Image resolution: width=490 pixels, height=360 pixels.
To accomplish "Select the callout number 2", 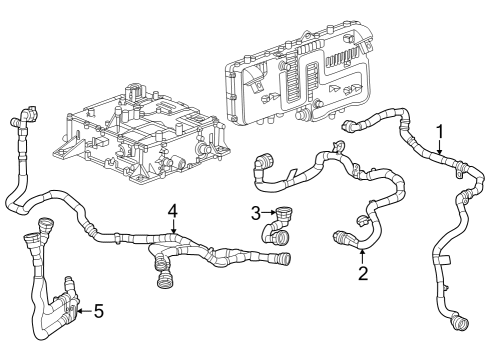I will coord(363,272).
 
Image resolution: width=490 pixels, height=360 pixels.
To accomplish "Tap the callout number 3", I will coord(255,212).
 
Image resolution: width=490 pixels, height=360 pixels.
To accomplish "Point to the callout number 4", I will coord(173,210).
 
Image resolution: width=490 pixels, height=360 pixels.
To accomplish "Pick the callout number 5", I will coord(98,310).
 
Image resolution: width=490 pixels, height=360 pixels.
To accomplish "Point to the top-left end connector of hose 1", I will coord(353,127).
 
